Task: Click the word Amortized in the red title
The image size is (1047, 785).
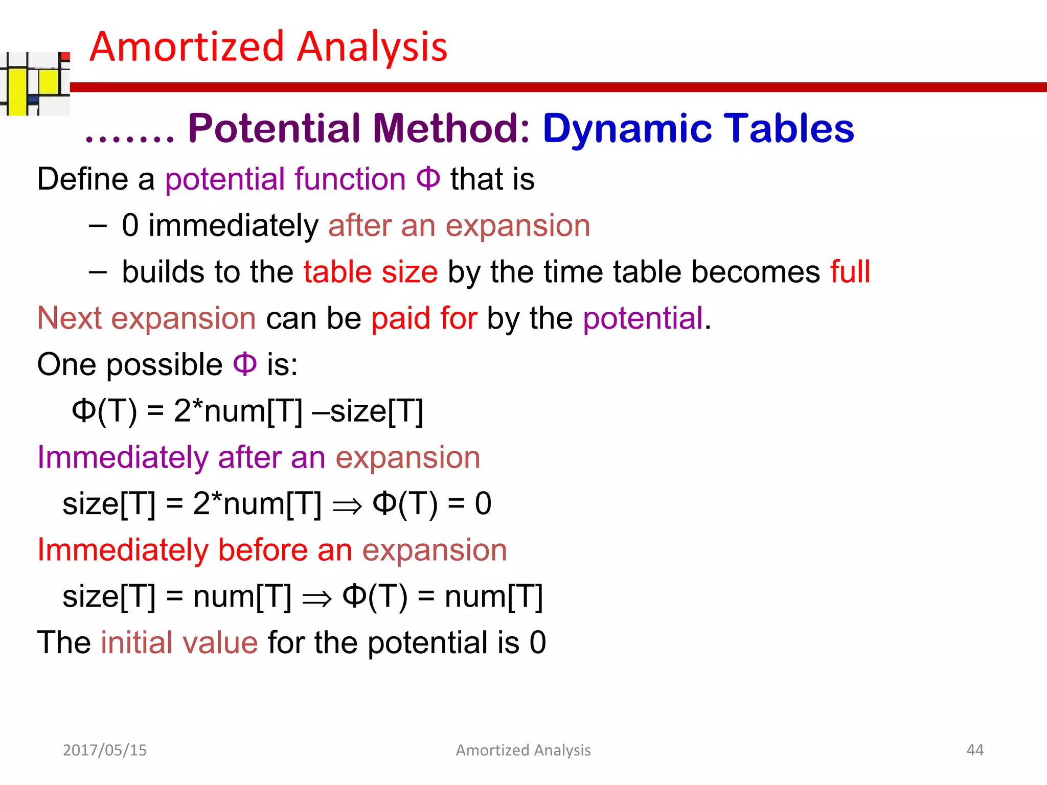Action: pos(187,47)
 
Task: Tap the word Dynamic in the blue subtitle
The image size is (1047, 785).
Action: pos(627,128)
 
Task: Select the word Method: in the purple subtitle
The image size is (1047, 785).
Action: pos(451,128)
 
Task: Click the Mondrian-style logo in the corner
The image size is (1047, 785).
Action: pos(35,83)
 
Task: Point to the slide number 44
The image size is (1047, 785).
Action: pos(975,750)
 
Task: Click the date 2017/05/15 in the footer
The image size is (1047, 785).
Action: pos(105,750)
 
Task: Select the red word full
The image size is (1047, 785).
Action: pos(850,271)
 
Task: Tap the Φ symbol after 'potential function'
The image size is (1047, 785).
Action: pos(428,179)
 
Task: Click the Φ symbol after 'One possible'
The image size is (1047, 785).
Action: pos(244,364)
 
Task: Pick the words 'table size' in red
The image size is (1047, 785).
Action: pos(371,271)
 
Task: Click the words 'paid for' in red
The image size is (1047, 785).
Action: pos(424,318)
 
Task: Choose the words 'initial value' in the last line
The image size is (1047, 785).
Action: pos(179,642)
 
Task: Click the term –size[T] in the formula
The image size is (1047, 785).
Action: pos(368,411)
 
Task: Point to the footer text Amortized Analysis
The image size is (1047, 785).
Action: pos(523,750)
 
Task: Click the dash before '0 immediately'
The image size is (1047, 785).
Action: pos(97,226)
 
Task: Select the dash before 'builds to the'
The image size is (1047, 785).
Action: pos(97,272)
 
